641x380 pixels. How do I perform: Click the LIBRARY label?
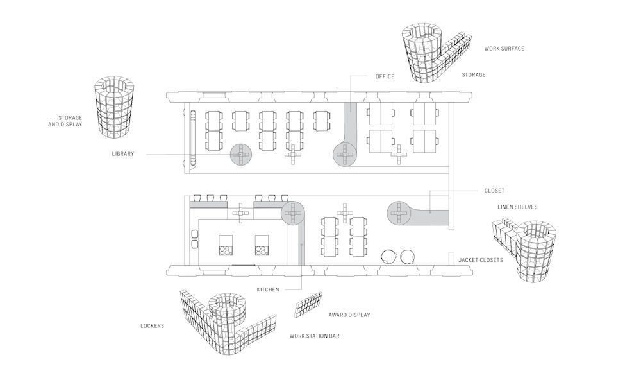pos(122,154)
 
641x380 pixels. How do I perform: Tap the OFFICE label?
pos(385,76)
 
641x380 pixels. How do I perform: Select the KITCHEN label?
pos(268,289)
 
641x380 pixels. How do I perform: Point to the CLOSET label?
pos(494,191)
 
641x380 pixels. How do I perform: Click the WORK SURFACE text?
pos(504,48)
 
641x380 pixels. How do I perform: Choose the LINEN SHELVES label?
pos(517,207)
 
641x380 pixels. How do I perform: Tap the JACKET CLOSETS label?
pos(480,260)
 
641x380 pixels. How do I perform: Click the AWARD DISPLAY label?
pos(349,315)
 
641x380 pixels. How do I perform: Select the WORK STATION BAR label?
pos(314,336)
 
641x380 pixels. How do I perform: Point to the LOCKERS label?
pos(152,326)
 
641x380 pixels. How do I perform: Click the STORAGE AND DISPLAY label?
pos(65,121)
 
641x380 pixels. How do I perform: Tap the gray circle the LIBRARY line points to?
pos(241,155)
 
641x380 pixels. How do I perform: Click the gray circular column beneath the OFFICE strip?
pos(345,155)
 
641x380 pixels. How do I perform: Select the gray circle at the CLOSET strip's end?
pos(398,213)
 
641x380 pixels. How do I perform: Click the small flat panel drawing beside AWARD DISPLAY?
pos(308,305)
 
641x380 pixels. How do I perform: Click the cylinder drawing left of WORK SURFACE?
pos(422,53)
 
